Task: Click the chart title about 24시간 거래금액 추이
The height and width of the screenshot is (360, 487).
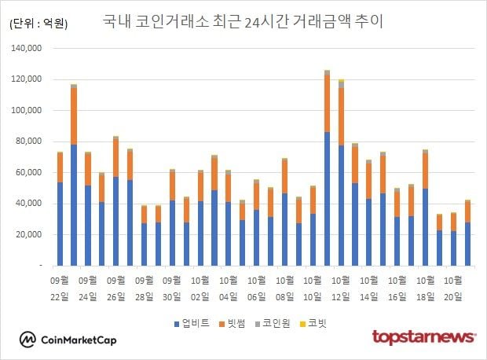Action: click(243, 22)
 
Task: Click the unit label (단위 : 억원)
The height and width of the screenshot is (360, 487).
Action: click(38, 24)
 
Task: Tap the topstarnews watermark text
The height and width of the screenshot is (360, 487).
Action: click(423, 337)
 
